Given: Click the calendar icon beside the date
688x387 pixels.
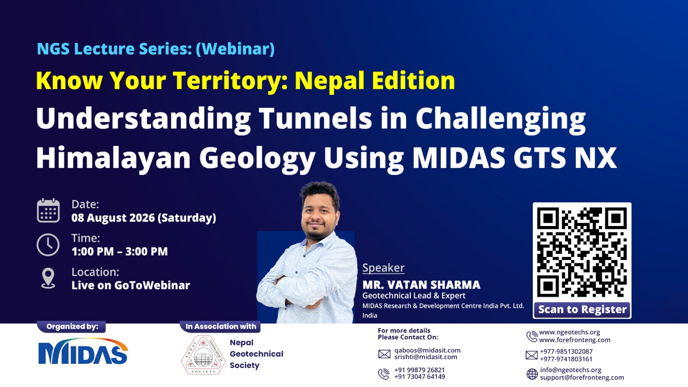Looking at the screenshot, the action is click(48, 210).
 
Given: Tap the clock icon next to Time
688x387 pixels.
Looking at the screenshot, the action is click(48, 245).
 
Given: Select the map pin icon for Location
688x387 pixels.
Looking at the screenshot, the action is click(48, 278).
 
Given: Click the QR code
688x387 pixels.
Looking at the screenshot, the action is click(582, 252).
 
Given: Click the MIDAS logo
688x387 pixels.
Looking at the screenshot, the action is click(83, 351).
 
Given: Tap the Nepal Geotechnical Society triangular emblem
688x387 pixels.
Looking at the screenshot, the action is click(203, 355).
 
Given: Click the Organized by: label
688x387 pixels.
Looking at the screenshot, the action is click(72, 326).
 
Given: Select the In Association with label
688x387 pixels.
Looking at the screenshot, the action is click(221, 326).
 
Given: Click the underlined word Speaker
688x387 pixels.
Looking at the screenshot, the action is click(383, 268).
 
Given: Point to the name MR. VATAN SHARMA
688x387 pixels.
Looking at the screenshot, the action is click(421, 285).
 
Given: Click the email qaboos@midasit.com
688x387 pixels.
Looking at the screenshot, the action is click(427, 350).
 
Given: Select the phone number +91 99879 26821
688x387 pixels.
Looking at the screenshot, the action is click(420, 370).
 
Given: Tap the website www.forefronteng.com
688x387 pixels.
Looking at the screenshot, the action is click(574, 340).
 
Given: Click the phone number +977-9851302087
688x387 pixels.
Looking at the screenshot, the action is click(566, 351).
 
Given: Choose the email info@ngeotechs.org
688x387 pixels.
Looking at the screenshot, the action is click(571, 370).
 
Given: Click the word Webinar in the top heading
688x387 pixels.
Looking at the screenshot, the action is click(235, 49).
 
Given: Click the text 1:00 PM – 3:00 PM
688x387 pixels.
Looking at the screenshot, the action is click(120, 251).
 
